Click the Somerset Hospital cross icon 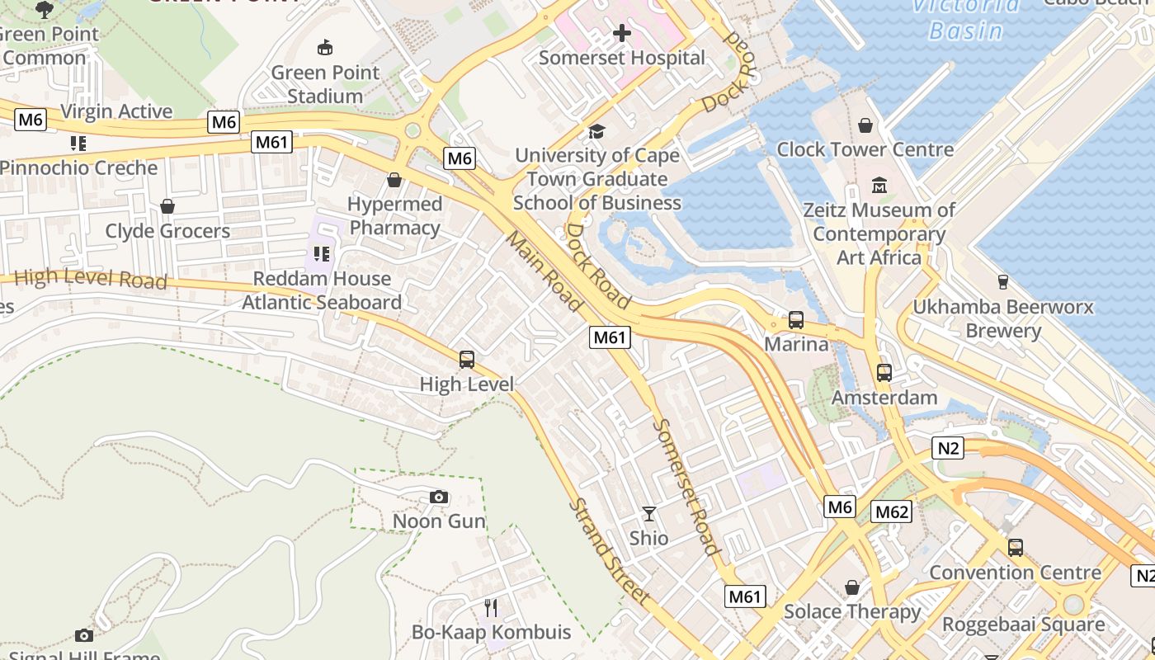[x=622, y=33]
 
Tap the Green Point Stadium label [x=325, y=84]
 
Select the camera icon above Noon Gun [x=439, y=497]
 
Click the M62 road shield [x=891, y=511]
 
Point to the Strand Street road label [x=610, y=551]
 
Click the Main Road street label [x=544, y=271]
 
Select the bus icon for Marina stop [x=796, y=320]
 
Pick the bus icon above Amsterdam [x=884, y=373]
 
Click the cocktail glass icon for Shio [x=649, y=514]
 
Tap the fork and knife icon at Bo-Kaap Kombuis [x=491, y=608]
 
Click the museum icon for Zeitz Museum [x=879, y=186]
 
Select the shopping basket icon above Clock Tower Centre [x=865, y=125]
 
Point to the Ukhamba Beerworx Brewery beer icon [x=1003, y=282]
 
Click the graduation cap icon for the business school [x=596, y=131]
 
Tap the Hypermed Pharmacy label [x=394, y=215]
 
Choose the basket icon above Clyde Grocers [x=167, y=206]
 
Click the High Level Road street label [x=91, y=278]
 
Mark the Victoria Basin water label [x=965, y=18]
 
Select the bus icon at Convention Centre [x=1015, y=548]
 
